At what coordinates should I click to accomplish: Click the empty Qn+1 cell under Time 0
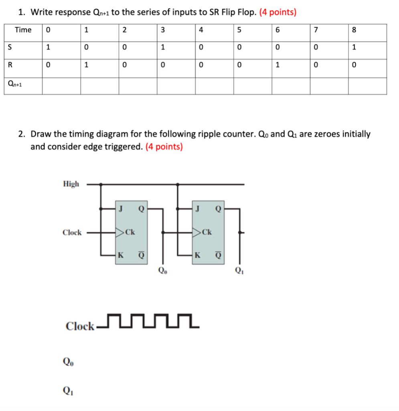tap(61, 85)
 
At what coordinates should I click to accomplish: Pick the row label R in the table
tap(8, 65)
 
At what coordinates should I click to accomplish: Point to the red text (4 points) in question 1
tap(278, 12)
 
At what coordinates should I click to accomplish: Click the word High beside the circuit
tap(71, 184)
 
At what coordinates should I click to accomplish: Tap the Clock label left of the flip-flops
tap(72, 232)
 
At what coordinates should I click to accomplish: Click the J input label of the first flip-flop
tap(121, 208)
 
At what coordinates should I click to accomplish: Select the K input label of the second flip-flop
tap(197, 254)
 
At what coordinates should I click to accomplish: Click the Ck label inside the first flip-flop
tap(130, 232)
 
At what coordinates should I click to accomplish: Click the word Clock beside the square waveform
tap(80, 326)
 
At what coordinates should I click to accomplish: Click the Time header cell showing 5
tap(239, 30)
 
